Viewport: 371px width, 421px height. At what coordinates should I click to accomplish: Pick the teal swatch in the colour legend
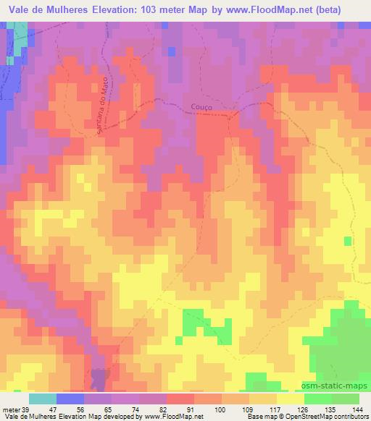pos(43,399)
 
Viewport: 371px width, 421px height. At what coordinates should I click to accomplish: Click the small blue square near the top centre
pos(170,51)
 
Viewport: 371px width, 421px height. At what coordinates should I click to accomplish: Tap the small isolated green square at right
pos(348,240)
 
